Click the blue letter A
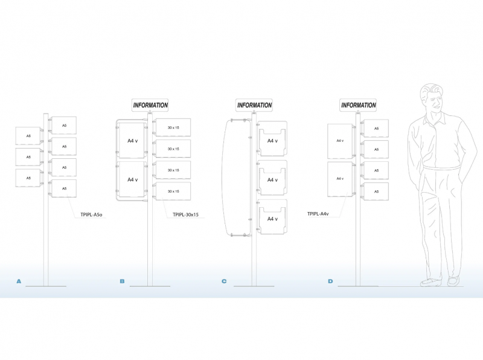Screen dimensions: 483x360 point(19,281)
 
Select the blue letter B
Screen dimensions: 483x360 point(123,281)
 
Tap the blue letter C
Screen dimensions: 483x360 point(224,281)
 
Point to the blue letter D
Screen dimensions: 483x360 point(330,281)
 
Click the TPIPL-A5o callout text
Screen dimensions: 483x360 point(92,214)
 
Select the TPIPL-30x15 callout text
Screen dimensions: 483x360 point(185,214)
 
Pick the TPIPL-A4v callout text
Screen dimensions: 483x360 point(318,214)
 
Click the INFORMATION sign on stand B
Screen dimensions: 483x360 point(150,105)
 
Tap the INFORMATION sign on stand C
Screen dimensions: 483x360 point(254,105)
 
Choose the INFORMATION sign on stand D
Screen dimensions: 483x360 point(358,105)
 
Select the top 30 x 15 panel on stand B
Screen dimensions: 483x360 point(173,127)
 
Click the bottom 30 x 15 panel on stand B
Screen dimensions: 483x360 point(173,191)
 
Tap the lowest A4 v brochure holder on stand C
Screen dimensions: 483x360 point(272,217)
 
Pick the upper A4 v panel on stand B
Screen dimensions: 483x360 point(132,141)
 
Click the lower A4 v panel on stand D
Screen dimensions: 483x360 point(340,179)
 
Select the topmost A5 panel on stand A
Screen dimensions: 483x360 point(64,125)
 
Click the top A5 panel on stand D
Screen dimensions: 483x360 point(376,128)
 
